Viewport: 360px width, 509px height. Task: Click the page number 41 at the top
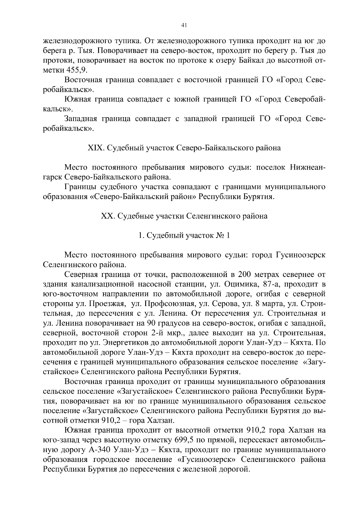(x=184, y=26)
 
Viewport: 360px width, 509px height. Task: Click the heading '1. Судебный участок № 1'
(x=184, y=235)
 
